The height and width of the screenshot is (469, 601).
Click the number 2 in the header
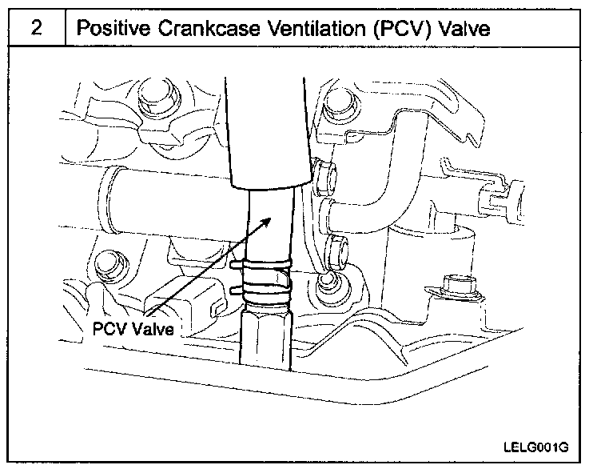37,28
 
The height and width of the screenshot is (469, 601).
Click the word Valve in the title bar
461,28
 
